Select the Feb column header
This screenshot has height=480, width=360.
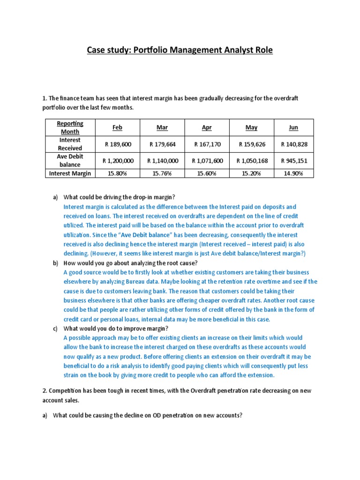118,127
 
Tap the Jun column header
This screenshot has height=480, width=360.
293,127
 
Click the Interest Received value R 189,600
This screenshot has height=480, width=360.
118,144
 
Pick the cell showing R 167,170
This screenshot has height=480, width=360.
207,144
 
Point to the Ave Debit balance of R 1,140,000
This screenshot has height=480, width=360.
163,161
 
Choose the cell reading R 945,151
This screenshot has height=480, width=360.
294,161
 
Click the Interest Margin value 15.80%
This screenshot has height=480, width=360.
118,173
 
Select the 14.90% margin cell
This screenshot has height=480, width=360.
294,173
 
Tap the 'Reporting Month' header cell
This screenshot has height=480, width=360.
70,127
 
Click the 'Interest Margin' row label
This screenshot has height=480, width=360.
70,173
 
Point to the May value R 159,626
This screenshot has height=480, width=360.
252,144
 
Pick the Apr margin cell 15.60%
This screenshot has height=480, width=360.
207,173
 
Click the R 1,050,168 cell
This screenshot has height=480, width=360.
252,161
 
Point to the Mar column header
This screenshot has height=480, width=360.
163,127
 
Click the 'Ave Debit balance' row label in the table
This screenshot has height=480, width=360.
70,161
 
